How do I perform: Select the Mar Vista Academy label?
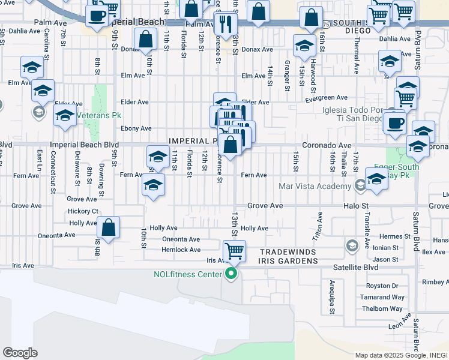click(315, 186)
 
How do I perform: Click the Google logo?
click(20, 353)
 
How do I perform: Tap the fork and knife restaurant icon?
click(226, 23)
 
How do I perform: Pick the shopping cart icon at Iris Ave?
click(234, 250)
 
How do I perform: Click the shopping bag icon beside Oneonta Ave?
click(108, 228)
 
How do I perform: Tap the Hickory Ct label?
click(83, 211)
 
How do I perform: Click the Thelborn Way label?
click(381, 308)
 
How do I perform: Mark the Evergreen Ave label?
click(327, 98)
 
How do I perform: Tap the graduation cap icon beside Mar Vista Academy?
click(376, 179)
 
